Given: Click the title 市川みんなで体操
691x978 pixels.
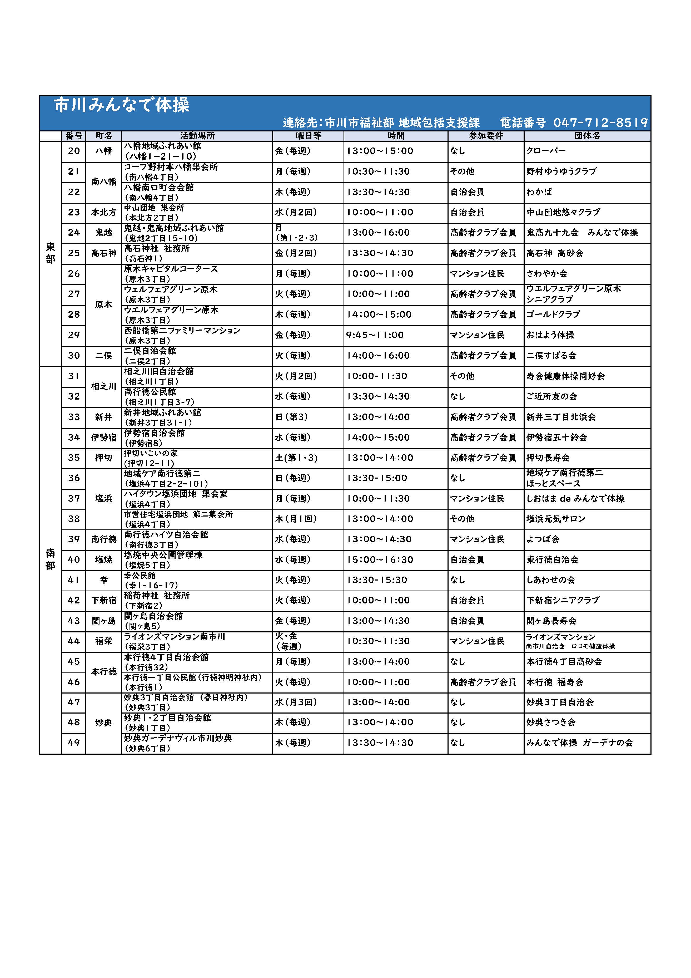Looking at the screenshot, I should [122, 105].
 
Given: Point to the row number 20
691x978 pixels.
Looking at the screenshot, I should [74, 151].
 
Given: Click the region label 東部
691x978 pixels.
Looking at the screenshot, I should [50, 253].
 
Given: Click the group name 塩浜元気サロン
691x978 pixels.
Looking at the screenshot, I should [556, 519].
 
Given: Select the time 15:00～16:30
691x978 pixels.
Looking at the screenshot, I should [380, 560].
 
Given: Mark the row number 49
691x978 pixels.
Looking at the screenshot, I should [74, 743].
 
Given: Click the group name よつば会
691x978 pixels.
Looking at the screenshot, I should [543, 539].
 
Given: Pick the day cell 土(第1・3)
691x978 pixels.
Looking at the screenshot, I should [296, 458].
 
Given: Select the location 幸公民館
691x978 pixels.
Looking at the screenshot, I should [140, 576].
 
